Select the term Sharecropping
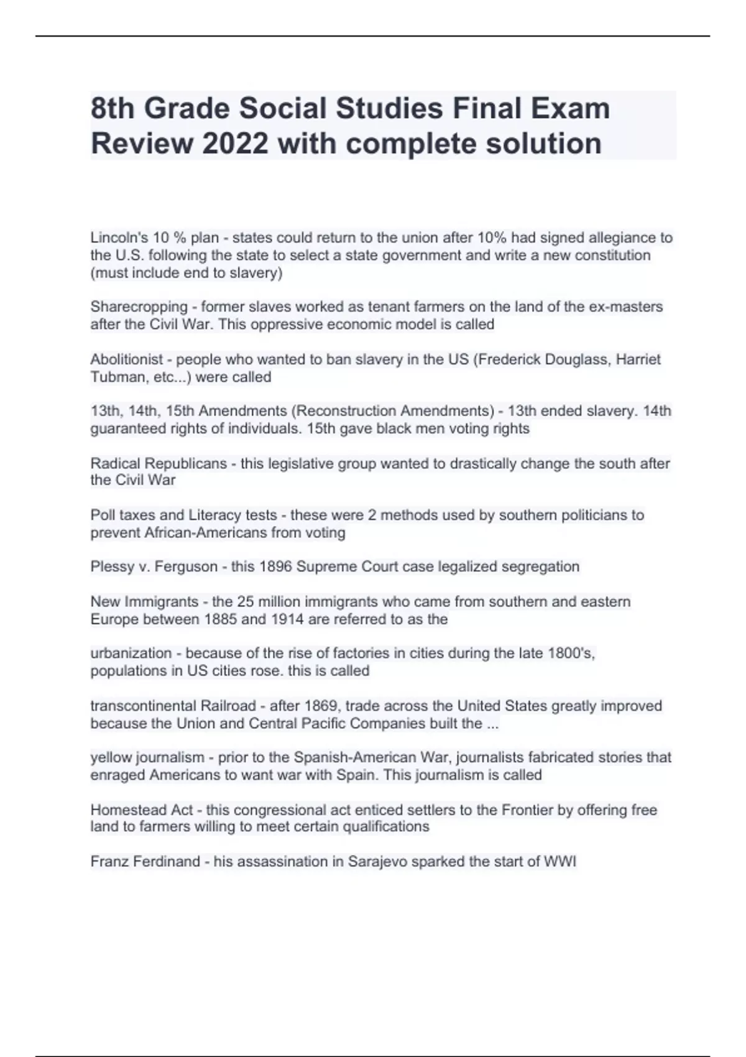(x=139, y=307)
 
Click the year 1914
(x=287, y=619)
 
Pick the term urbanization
(x=131, y=653)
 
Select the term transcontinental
(x=142, y=706)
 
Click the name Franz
(x=109, y=862)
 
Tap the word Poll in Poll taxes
(x=103, y=515)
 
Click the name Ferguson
(x=186, y=567)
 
